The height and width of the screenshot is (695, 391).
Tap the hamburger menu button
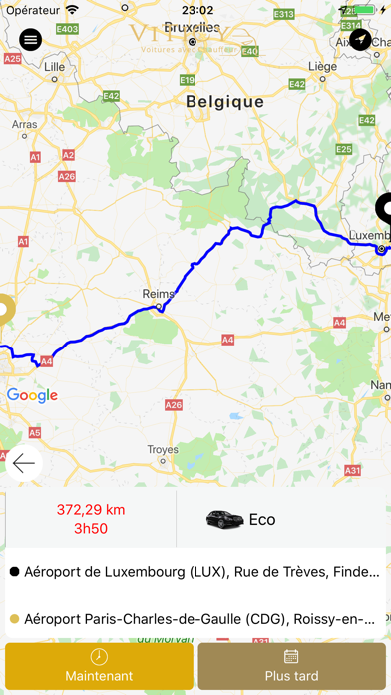30,39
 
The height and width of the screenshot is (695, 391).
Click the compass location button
360,39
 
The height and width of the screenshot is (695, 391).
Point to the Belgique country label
224,101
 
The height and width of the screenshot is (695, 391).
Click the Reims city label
159,294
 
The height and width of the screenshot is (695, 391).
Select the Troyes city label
163,450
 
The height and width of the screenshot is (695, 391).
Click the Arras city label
24,125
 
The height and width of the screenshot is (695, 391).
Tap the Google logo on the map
32,395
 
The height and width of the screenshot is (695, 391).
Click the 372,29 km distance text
89,509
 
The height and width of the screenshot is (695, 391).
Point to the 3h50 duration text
89,528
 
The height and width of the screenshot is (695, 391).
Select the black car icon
223,519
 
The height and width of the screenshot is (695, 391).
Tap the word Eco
262,519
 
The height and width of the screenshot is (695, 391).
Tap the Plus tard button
292,666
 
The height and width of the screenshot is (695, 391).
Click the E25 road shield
343,148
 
